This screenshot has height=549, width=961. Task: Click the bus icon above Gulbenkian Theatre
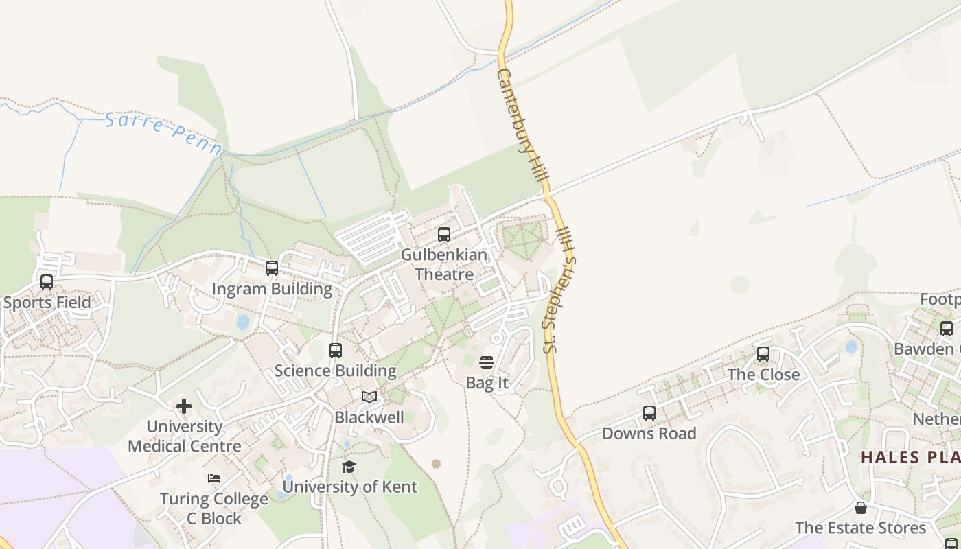point(444,235)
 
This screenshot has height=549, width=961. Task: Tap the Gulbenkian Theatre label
point(444,264)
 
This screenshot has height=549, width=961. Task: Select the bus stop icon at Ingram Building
point(272,268)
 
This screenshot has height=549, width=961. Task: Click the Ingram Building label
point(272,289)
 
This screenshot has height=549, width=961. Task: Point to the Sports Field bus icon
point(47,282)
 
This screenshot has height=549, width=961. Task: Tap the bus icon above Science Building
point(336,351)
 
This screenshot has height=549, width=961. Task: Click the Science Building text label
point(336,371)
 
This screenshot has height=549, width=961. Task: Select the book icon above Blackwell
point(369,397)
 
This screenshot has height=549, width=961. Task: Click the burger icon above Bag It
point(487,362)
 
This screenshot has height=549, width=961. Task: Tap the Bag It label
point(487,383)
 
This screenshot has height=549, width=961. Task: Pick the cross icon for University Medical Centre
point(184,406)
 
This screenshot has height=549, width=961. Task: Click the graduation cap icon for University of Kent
point(349,467)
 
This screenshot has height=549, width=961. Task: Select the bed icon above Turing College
point(214,478)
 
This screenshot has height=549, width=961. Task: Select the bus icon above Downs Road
point(649,413)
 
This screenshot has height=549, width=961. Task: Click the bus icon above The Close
point(763,354)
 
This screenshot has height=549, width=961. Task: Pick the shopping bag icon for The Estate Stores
point(860,508)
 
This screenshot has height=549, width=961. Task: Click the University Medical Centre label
point(185,436)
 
